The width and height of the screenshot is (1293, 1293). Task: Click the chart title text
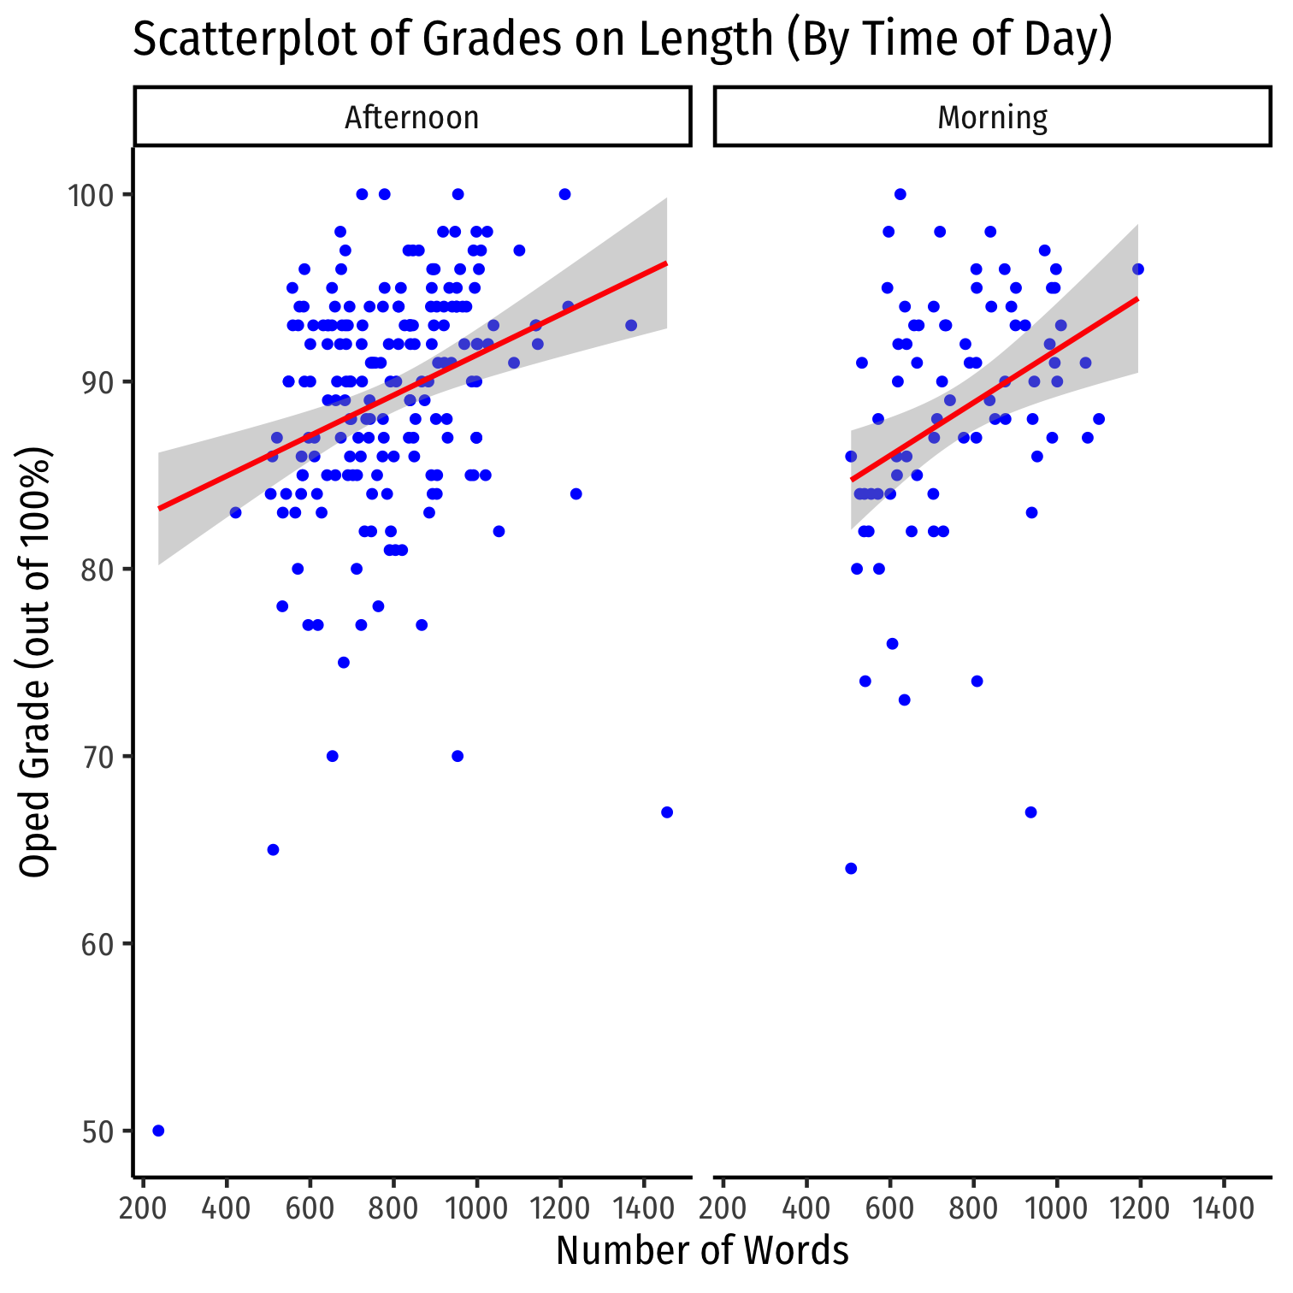click(x=623, y=39)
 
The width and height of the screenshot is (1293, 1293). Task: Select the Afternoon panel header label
click(x=412, y=117)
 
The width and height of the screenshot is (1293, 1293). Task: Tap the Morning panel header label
click(x=992, y=117)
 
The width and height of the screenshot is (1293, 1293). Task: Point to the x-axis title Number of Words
click(x=702, y=1251)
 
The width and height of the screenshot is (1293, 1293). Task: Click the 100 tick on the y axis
click(x=92, y=195)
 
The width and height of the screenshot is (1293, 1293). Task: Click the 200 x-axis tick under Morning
click(x=723, y=1209)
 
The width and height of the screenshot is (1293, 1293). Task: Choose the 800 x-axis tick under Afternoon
click(x=393, y=1209)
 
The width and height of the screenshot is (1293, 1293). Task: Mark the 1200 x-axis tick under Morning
click(x=1140, y=1209)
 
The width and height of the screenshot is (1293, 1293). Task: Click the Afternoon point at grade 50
click(x=158, y=1131)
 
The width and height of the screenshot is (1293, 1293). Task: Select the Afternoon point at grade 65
click(x=273, y=849)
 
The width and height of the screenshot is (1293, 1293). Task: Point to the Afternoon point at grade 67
click(x=667, y=812)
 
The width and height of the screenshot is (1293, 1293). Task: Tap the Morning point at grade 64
click(x=851, y=868)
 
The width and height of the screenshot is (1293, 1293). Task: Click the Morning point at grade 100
click(x=900, y=194)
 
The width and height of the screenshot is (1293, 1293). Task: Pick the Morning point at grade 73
click(x=904, y=700)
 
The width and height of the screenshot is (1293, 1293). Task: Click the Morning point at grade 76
click(x=892, y=643)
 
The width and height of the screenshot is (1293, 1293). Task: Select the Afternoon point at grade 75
click(x=344, y=662)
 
